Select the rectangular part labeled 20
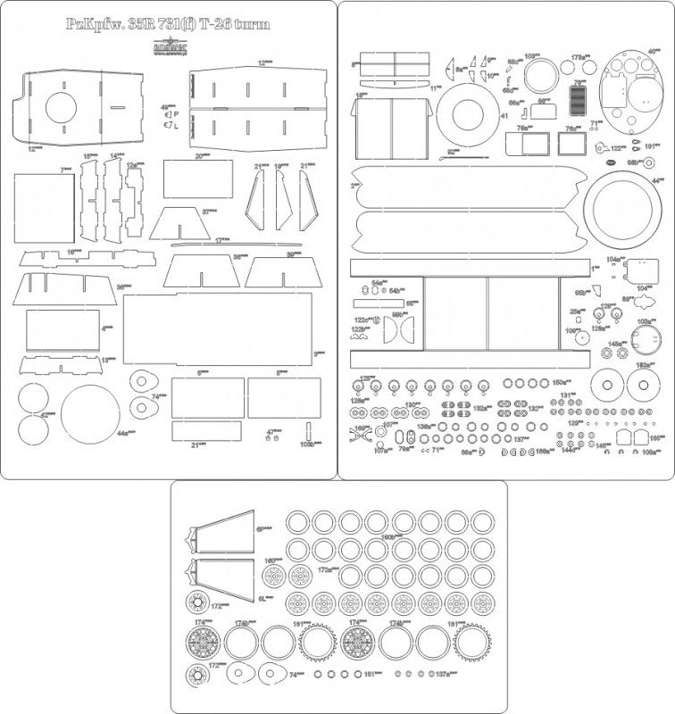pyautogui.click(x=197, y=178)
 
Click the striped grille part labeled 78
pyautogui.click(x=579, y=100)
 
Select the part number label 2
pyautogui.click(x=354, y=185)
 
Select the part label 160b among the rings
pyautogui.click(x=390, y=537)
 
